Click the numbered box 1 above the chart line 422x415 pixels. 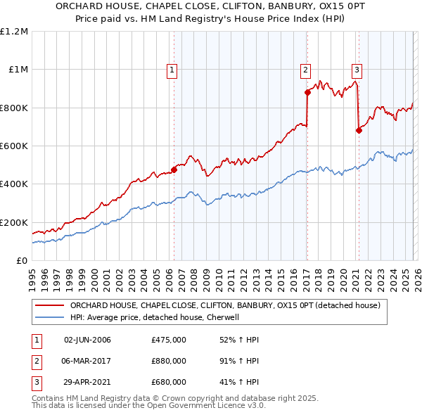[x=172, y=69]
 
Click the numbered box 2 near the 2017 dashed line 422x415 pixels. [x=306, y=69]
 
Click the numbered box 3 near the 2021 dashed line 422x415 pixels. [x=357, y=69]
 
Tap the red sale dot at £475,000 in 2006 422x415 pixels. [x=174, y=169]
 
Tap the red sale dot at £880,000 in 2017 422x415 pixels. [x=307, y=92]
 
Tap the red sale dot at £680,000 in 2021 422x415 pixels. [x=359, y=130]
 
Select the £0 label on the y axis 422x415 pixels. [x=21, y=260]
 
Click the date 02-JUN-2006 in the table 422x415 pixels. [x=87, y=340]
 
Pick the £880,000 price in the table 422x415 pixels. [x=169, y=361]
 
